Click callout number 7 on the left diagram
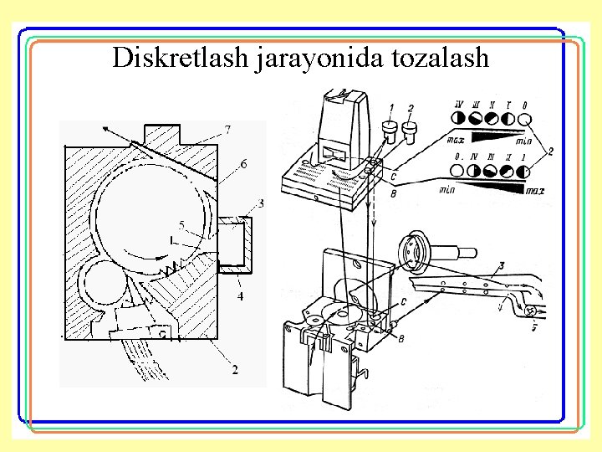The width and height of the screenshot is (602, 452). coord(227,129)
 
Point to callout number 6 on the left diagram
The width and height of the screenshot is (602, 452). coord(242,165)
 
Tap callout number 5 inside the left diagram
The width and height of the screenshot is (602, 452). coord(181,224)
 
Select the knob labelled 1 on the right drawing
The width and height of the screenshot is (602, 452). coord(388,129)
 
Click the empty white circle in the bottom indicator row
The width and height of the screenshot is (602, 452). coord(457,171)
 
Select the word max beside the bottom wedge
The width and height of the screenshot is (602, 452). coord(535,191)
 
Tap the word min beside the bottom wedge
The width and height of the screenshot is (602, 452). coord(447,191)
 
